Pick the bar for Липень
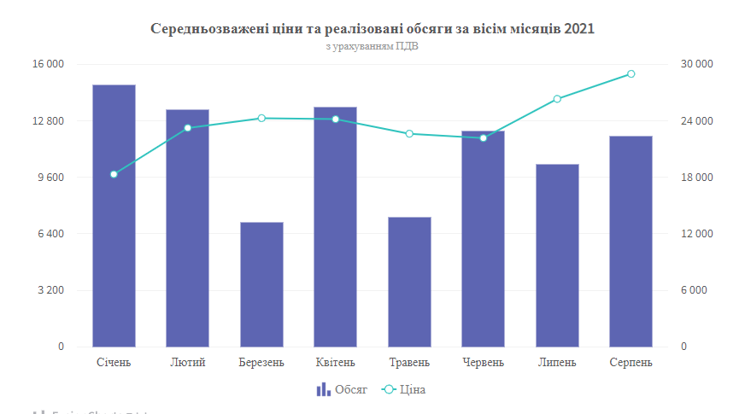(557, 255)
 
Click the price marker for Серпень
(631, 74)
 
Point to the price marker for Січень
(114, 174)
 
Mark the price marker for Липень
(557, 99)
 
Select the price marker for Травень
(409, 134)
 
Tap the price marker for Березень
(261, 118)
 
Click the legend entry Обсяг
(342, 389)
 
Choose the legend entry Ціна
(403, 389)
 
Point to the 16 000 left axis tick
(49, 64)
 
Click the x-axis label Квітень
(335, 362)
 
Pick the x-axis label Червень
(483, 362)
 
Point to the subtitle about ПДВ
(372, 47)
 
